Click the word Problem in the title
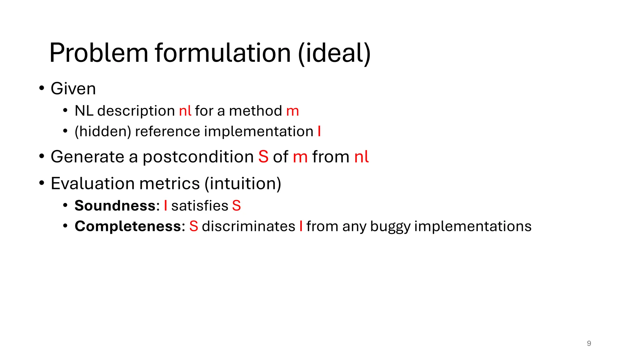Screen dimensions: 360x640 pyautogui.click(x=99, y=53)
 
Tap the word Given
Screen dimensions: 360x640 pyautogui.click(x=73, y=89)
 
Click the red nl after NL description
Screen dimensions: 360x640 pyautogui.click(x=185, y=111)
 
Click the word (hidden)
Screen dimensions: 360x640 pyautogui.click(x=103, y=132)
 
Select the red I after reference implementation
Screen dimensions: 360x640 pyautogui.click(x=319, y=131)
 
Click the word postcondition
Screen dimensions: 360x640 pyautogui.click(x=198, y=157)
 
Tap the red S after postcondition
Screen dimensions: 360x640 pyautogui.click(x=263, y=157)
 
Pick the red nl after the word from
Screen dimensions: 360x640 pyautogui.click(x=362, y=157)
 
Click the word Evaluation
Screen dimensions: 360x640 pyautogui.click(x=92, y=183)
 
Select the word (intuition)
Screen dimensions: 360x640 pyautogui.click(x=243, y=183)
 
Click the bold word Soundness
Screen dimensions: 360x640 pyautogui.click(x=115, y=206)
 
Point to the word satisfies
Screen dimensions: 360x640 pyautogui.click(x=200, y=206)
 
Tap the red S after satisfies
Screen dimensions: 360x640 pyautogui.click(x=236, y=206)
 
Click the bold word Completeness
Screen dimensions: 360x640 pyautogui.click(x=128, y=226)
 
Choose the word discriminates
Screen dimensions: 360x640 pyautogui.click(x=248, y=226)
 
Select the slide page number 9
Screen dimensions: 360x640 pyautogui.click(x=589, y=343)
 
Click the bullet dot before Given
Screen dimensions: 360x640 pyautogui.click(x=42, y=88)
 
